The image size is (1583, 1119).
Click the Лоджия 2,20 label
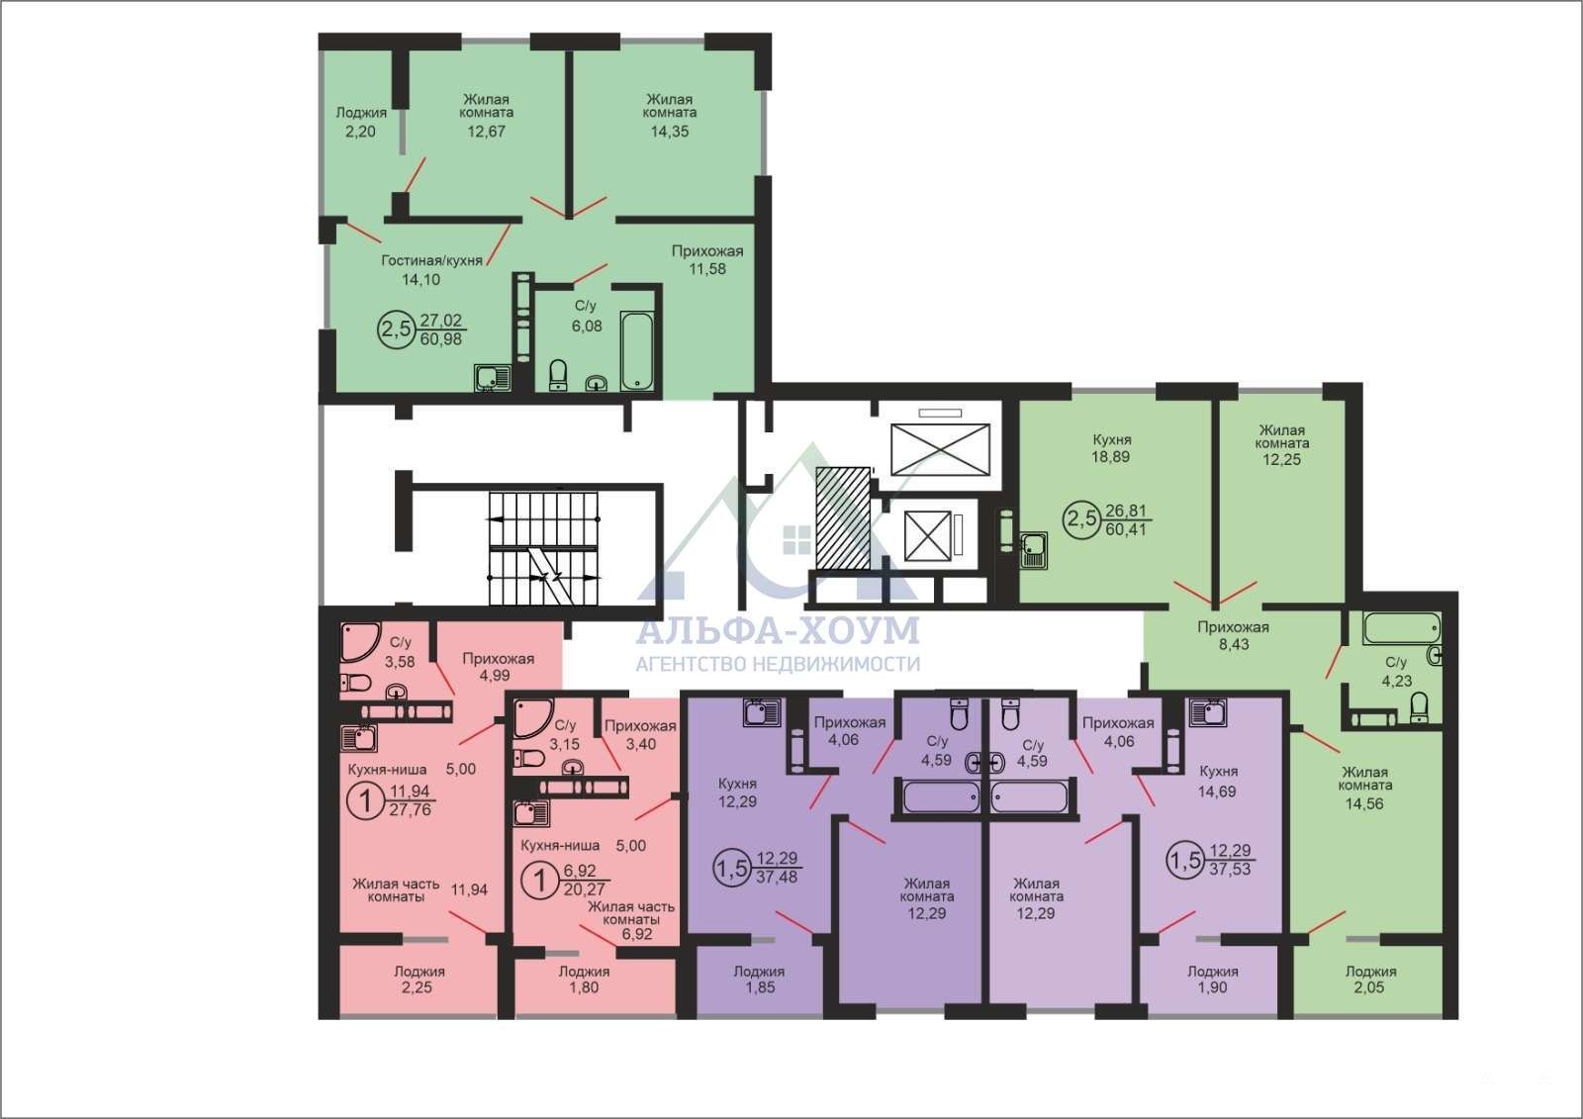pos(360,122)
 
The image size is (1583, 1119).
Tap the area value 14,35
pos(669,132)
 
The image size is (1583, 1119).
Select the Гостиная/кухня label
pos(431,260)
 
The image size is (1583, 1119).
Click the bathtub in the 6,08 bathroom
pos(637,349)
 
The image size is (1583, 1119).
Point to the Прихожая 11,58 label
pos(707,260)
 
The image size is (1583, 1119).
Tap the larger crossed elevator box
pos(940,449)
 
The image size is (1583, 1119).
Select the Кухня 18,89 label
pos(1111,448)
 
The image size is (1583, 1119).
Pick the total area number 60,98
pos(441,339)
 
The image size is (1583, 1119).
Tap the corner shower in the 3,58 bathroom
pos(360,642)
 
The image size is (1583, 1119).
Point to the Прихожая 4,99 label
pos(498,667)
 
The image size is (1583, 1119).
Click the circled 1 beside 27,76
pos(366,801)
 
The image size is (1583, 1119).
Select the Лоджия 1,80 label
pos(584,979)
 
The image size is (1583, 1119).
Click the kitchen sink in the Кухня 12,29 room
pos(762,712)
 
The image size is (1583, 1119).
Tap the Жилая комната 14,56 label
pos(1364,788)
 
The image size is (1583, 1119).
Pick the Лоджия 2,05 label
pos(1370,979)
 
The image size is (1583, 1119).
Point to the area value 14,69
pos(1217,793)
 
